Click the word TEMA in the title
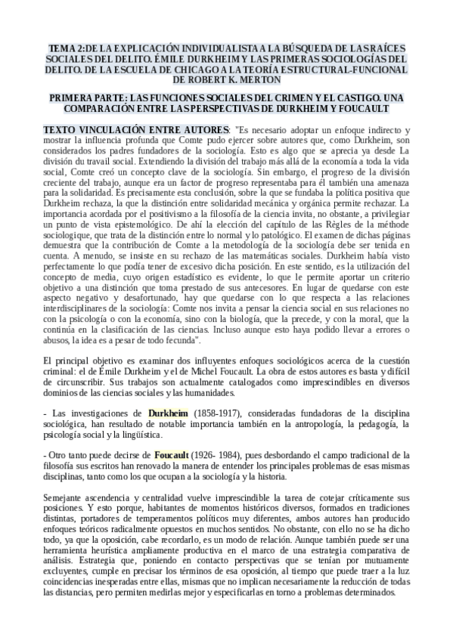[60, 47]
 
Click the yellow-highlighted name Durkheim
[169, 414]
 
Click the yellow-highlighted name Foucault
[171, 456]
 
